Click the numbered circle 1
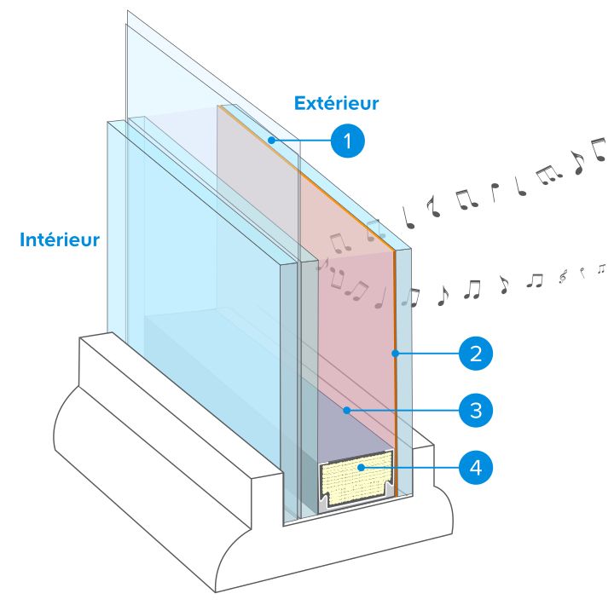point(348,141)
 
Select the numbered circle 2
point(476,354)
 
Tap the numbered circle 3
point(476,411)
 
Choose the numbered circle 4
point(476,467)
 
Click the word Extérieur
point(336,103)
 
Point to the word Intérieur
point(60,239)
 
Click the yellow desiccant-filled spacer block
point(356,478)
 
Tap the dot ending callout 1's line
point(271,140)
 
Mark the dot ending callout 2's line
point(396,354)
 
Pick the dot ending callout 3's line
point(346,410)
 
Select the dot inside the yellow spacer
point(361,467)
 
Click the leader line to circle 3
point(404,411)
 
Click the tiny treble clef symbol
point(563,276)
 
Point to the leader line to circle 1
point(303,140)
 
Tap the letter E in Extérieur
point(299,103)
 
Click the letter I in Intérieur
point(22,240)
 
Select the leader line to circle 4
point(411,467)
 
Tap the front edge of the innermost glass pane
point(288,391)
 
